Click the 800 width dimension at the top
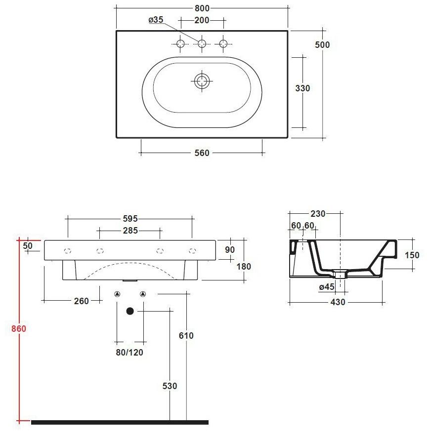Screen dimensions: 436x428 202,8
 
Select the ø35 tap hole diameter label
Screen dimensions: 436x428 156,20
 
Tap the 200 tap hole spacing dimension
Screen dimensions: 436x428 202,20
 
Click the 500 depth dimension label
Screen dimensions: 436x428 322,44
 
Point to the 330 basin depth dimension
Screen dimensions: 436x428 302,88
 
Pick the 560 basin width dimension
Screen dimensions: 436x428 202,153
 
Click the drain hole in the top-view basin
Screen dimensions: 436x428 202,80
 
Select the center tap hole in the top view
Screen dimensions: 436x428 202,44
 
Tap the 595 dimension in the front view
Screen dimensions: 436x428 130,218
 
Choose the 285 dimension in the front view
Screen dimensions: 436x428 130,230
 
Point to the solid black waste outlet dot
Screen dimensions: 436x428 130,311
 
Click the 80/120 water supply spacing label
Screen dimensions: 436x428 130,353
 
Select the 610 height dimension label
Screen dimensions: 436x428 186,336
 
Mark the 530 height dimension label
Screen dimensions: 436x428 170,386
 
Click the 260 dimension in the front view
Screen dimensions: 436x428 81,301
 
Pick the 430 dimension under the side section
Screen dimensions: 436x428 337,302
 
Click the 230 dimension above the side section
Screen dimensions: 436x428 318,214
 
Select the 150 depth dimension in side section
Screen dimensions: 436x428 412,255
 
